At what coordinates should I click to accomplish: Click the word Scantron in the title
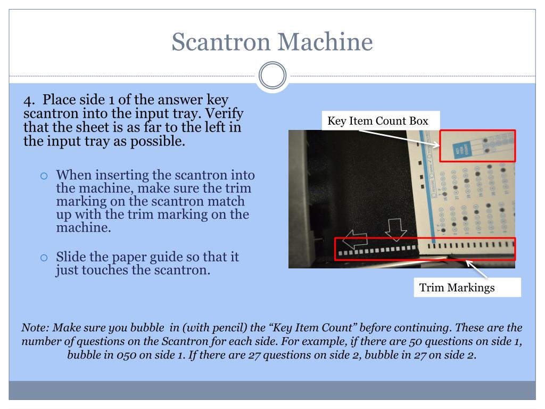click(x=219, y=41)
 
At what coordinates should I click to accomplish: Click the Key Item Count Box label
click(x=378, y=121)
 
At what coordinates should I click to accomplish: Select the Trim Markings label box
click(x=457, y=288)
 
